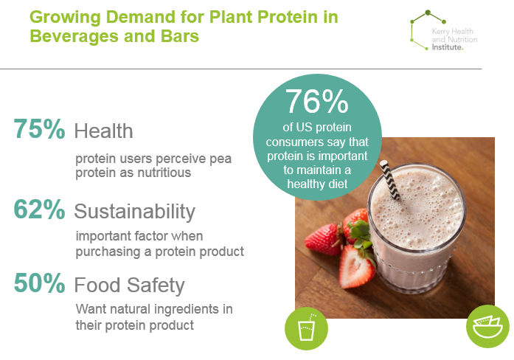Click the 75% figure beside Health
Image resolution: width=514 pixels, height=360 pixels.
[x=39, y=129]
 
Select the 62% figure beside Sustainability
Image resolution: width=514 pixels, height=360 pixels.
[x=39, y=210]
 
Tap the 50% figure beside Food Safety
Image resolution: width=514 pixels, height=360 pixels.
[x=39, y=283]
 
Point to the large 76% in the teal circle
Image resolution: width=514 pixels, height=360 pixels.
[x=316, y=102]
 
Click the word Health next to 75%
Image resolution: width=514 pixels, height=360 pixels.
[x=103, y=131]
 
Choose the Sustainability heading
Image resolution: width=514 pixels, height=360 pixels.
[x=135, y=212]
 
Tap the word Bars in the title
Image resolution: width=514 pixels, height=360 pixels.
[x=180, y=36]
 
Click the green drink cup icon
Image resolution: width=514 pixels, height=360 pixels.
[x=306, y=328]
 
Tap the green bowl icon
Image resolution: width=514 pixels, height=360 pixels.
[x=487, y=326]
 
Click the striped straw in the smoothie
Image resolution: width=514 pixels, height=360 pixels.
[x=390, y=180]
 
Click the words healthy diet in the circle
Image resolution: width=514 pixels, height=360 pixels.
[x=317, y=184]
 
